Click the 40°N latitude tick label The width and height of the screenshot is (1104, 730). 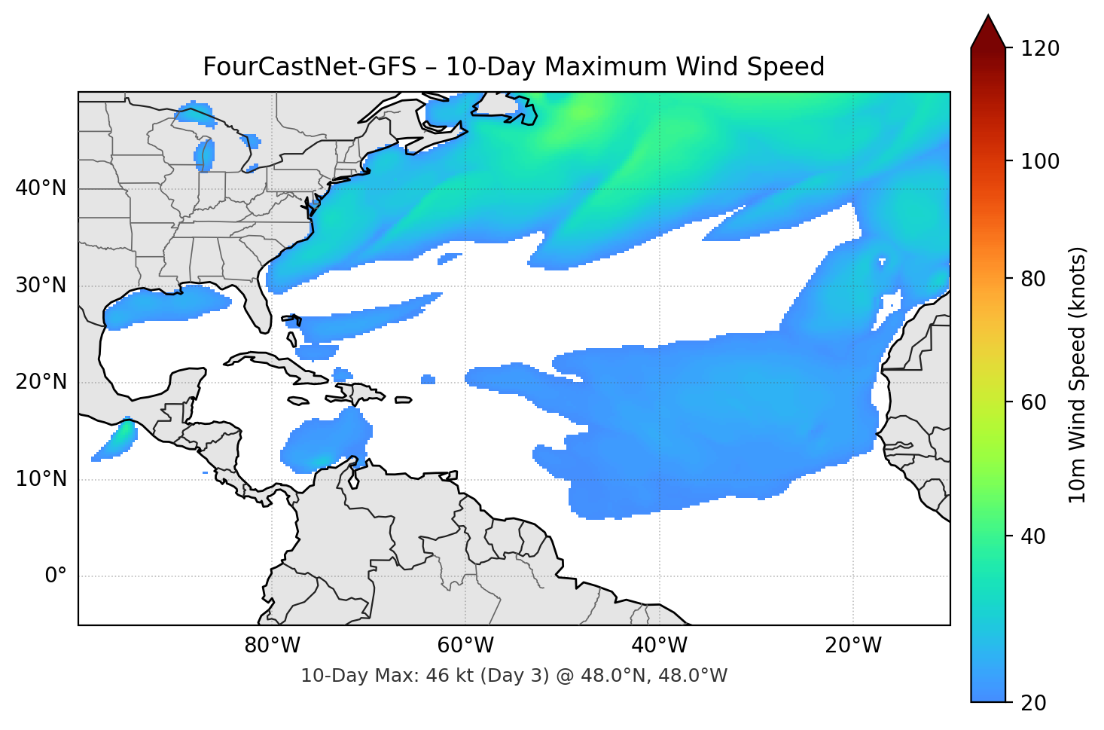pyautogui.click(x=41, y=188)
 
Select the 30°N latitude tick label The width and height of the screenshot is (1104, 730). pyautogui.click(x=41, y=286)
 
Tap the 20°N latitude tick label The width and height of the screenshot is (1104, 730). pyautogui.click(x=41, y=382)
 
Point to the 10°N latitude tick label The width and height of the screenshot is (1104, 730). pyautogui.click(x=41, y=479)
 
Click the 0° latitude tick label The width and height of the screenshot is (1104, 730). pyautogui.click(x=56, y=576)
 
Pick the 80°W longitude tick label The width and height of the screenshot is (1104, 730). pyautogui.click(x=272, y=646)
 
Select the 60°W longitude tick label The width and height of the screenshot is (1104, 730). pyautogui.click(x=465, y=646)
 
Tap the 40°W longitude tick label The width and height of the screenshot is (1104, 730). pyautogui.click(x=659, y=646)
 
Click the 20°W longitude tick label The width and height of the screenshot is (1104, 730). pyautogui.click(x=853, y=646)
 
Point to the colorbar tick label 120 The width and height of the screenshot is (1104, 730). pyautogui.click(x=1040, y=49)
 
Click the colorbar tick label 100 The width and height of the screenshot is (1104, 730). pyautogui.click(x=1040, y=161)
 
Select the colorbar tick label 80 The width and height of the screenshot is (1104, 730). pyautogui.click(x=1033, y=279)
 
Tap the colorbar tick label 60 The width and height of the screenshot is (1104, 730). pyautogui.click(x=1033, y=402)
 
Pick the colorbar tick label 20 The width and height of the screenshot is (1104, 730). pyautogui.click(x=1033, y=703)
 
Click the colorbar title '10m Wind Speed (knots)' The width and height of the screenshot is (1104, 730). pyautogui.click(x=1078, y=374)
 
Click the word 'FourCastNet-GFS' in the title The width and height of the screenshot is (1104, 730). pyautogui.click(x=310, y=67)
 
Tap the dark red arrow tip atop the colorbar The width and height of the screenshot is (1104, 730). pyautogui.click(x=988, y=30)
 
